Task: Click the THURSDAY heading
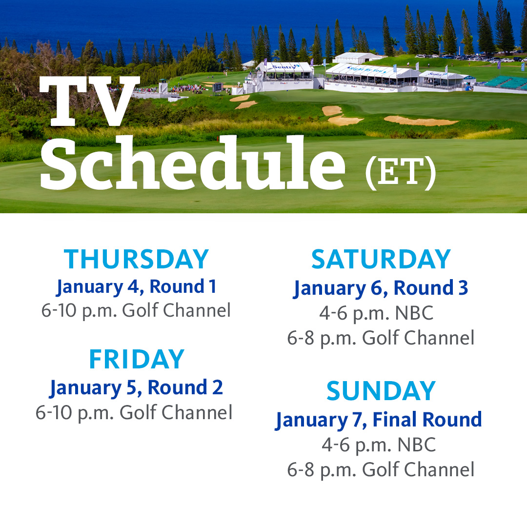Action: (x=137, y=259)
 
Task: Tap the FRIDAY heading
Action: (x=137, y=359)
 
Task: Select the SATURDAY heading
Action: (x=381, y=259)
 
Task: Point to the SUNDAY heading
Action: (x=381, y=391)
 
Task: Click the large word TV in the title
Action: (x=89, y=101)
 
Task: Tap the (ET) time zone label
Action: (x=400, y=172)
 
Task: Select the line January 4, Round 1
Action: (x=136, y=287)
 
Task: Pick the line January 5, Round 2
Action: (x=136, y=388)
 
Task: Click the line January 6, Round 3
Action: (x=381, y=288)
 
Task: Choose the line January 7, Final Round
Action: (x=379, y=420)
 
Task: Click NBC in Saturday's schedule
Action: (x=414, y=313)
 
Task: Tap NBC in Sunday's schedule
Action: (x=416, y=445)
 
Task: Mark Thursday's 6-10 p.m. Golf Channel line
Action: (x=136, y=310)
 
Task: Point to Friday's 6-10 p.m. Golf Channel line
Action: (x=134, y=412)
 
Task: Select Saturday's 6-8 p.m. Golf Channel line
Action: (x=381, y=338)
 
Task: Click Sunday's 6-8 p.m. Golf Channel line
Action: (x=381, y=469)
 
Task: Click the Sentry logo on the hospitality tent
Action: (x=285, y=66)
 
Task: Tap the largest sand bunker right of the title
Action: (x=421, y=121)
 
